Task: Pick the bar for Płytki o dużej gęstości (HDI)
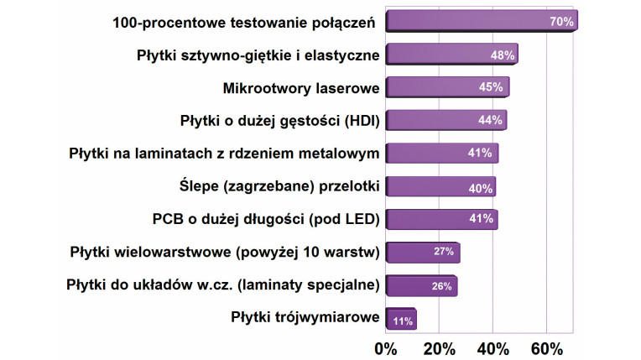[446, 121]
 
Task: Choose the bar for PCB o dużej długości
[441, 220]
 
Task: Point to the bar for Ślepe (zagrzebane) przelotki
[440, 187]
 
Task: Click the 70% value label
[561, 22]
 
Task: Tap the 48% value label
[502, 55]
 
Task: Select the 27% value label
[443, 253]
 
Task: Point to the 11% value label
[401, 320]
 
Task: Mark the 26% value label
[440, 286]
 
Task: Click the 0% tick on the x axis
[385, 347]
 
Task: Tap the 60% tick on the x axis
[546, 347]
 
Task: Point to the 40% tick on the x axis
[492, 347]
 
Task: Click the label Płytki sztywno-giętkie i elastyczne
[258, 55]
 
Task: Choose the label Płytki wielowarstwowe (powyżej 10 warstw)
[225, 253]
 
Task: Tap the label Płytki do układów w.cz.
[223, 285]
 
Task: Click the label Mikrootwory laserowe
[301, 88]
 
